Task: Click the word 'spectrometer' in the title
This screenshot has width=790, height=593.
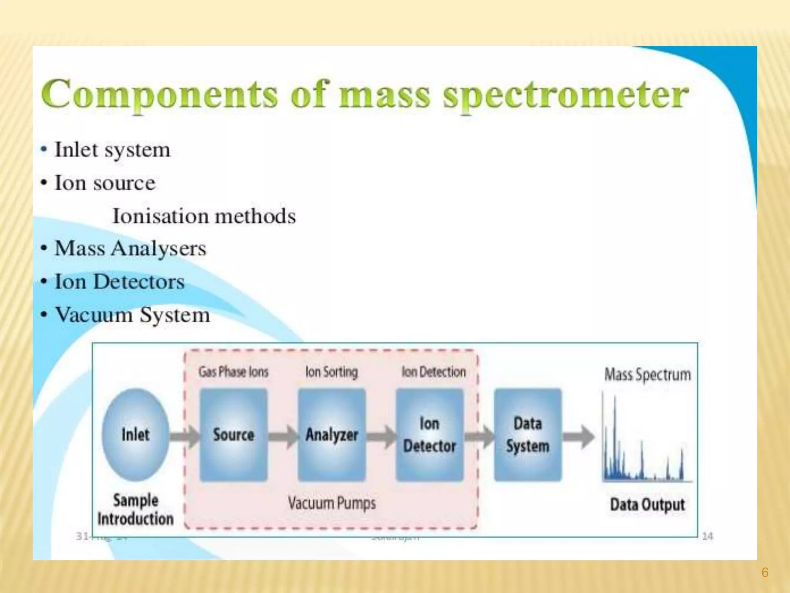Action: pos(565,95)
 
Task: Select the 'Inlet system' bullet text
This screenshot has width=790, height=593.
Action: pos(112,150)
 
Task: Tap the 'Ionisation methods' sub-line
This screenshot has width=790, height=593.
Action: pos(204,216)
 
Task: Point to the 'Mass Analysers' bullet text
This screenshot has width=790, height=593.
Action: pos(130,248)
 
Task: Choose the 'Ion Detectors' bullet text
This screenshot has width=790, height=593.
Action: pos(120,281)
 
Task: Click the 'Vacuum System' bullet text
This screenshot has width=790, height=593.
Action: pos(132,315)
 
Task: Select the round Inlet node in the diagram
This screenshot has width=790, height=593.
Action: pos(135,434)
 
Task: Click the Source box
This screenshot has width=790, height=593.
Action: pos(233,435)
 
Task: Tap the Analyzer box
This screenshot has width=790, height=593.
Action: pos(332,435)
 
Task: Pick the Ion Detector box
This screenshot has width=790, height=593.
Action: pos(429,435)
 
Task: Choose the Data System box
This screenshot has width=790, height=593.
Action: pos(528,435)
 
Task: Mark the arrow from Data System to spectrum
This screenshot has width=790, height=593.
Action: pos(579,437)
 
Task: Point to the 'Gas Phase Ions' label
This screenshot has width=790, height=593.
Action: pos(233,372)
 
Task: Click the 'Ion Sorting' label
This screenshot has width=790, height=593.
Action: pos(331,372)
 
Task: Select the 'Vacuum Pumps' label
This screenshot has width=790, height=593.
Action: pos(332,503)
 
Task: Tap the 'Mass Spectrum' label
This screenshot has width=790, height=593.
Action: pos(647,374)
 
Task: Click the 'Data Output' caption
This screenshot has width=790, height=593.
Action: pos(647,505)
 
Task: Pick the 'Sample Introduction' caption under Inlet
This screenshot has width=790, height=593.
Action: pos(135,510)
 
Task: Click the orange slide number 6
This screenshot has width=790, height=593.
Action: pos(765,572)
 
